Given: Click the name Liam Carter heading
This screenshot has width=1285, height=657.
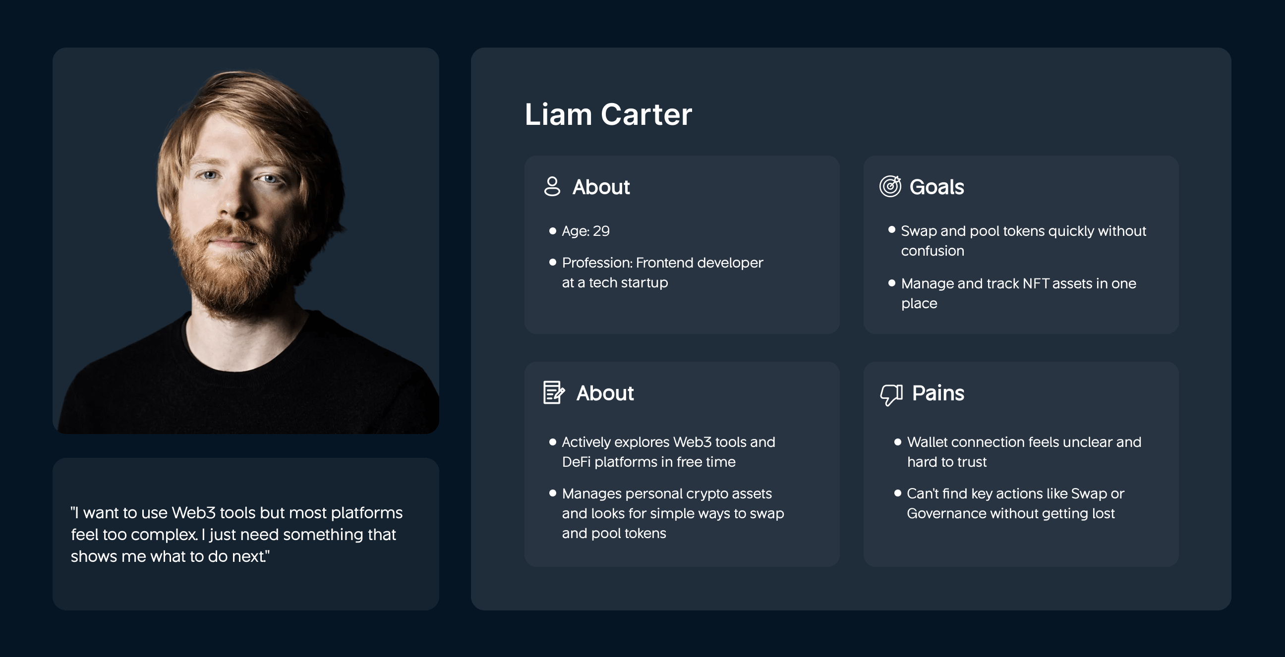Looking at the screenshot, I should pos(608,114).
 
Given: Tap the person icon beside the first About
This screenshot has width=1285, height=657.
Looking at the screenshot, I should pos(552,186).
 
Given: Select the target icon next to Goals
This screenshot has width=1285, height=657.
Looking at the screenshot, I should pos(890,186).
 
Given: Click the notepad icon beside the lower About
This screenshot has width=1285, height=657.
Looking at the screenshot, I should pos(553,393).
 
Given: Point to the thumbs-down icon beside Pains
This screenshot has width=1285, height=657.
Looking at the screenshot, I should pos(891,394).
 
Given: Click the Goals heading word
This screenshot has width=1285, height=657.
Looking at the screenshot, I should pos(936,187).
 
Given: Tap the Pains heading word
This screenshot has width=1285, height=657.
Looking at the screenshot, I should pos(938,393).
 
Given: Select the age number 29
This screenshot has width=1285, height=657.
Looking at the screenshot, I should pos(601,231).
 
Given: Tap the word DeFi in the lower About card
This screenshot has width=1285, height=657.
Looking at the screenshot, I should pos(576,462).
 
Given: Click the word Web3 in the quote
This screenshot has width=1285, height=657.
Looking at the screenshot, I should pos(193,513).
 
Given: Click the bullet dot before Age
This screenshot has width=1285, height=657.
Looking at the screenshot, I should pos(552,231).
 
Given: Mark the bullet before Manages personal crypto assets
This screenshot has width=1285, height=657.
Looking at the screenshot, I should pos(552,493).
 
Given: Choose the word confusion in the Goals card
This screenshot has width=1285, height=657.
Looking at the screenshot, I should pos(932,251).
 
